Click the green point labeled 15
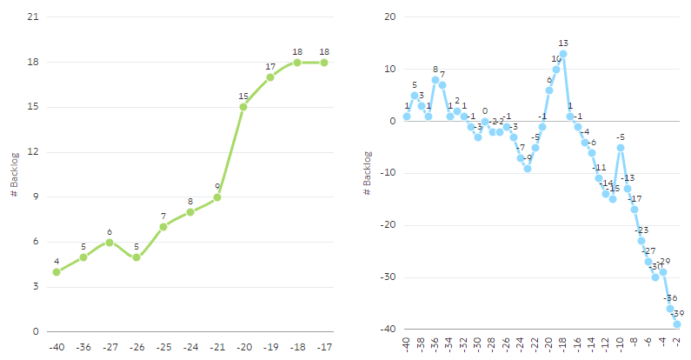pos(243,107)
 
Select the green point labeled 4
pos(56,272)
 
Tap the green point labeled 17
pos(270,77)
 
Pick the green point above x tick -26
pos(136,257)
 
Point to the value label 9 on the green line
pos(217,186)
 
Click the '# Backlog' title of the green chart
pos(14,175)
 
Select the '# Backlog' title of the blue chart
pos(369,174)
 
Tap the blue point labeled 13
pos(563,54)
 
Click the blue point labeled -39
pos(676,324)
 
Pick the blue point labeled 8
pos(435,80)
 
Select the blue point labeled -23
pos(641,241)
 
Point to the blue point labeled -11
pos(599,178)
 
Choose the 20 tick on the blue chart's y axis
pos(389,17)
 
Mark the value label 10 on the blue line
pos(556,59)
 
